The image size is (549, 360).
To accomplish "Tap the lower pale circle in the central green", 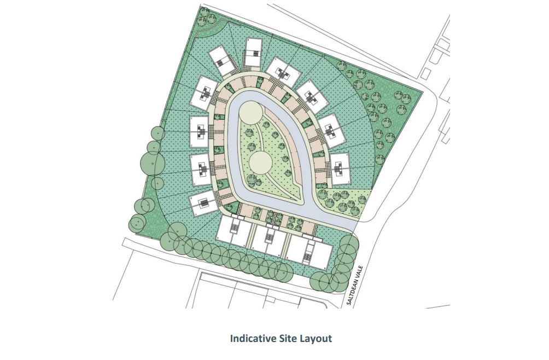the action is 260,162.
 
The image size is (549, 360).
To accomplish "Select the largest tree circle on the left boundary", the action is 153,162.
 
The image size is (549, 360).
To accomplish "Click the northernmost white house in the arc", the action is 253,53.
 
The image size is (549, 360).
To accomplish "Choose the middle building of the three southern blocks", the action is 269,241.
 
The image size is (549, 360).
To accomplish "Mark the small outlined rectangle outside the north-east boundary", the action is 425,73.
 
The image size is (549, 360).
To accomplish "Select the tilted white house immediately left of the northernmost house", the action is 223,61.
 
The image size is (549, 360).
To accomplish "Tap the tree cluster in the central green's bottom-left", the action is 254,180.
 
